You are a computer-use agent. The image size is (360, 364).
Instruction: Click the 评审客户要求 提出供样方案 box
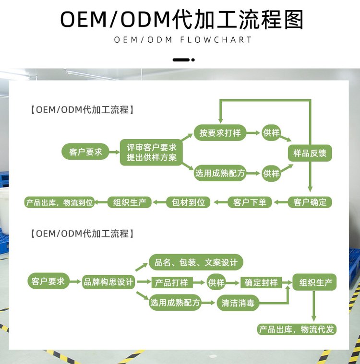point(151,153)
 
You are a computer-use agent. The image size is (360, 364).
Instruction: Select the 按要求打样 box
point(220,133)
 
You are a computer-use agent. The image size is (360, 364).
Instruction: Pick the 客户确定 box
point(310,202)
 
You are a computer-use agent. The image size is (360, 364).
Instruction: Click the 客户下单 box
point(250,202)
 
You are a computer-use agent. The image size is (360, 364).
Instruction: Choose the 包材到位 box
point(188,202)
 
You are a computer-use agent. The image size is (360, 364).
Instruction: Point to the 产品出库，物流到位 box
point(59,202)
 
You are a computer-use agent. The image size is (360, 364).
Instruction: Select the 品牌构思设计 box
point(108,282)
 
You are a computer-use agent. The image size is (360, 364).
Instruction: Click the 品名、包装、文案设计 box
point(196,262)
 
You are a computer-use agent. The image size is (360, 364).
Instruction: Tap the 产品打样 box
point(171,282)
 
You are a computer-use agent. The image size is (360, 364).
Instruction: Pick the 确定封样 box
point(261,282)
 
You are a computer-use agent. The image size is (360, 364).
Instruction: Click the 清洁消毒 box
point(237,303)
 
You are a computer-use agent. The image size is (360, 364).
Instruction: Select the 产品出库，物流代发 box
point(297,329)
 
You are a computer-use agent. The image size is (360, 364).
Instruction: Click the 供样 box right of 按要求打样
point(272,133)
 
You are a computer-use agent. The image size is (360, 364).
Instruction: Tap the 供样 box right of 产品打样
point(216,282)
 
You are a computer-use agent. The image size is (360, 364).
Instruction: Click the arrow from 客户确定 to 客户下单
point(280,202)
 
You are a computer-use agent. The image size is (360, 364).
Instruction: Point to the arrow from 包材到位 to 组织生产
point(159,202)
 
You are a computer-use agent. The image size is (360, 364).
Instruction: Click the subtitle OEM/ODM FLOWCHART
point(183,39)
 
